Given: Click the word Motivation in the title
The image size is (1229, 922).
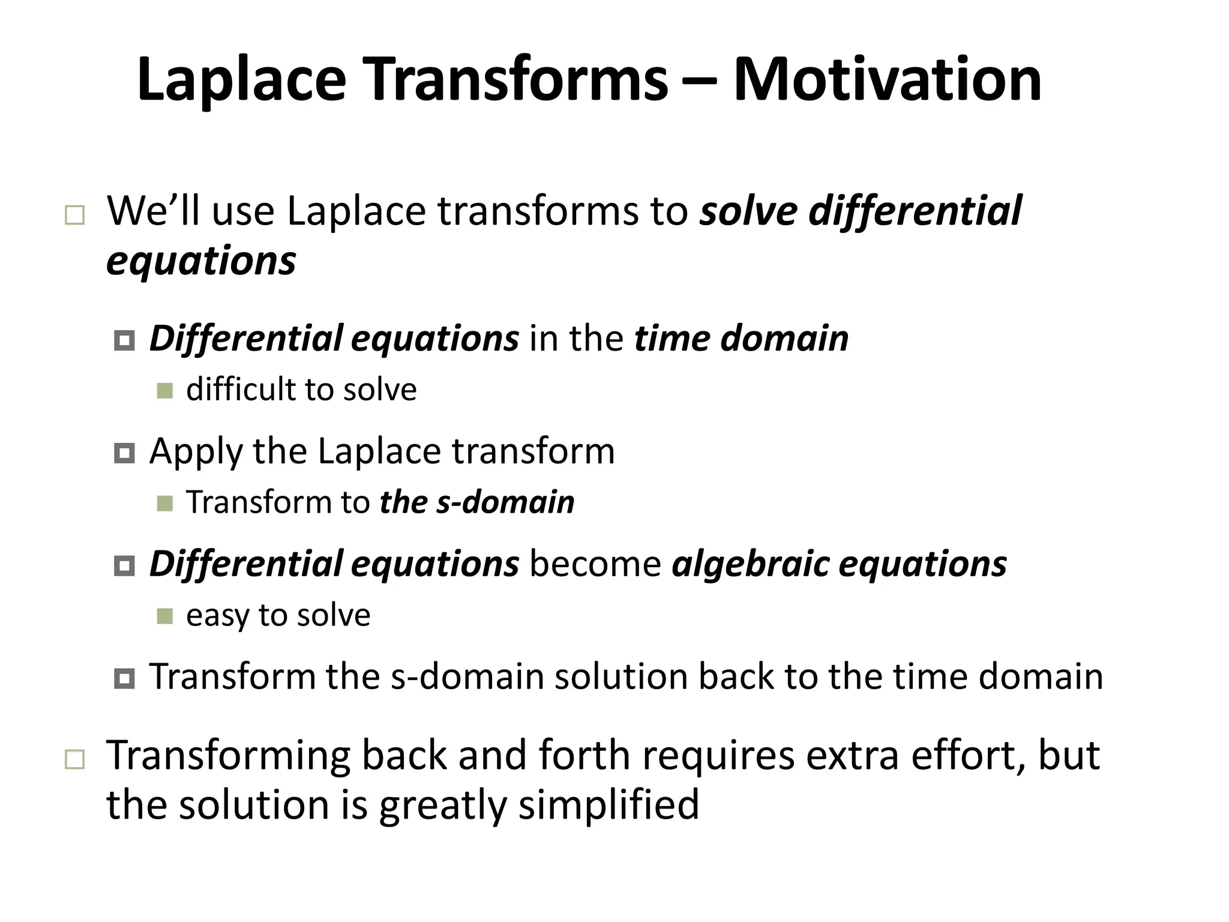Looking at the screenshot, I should [888, 79].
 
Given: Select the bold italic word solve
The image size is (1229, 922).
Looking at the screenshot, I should [749, 211].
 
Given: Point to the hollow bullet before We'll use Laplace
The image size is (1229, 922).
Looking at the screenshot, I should [74, 215].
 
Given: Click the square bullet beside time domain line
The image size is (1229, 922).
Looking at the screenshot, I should [124, 340].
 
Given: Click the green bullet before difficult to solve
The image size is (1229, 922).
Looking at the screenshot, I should [164, 391].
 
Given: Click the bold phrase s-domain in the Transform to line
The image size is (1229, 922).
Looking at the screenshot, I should [505, 502].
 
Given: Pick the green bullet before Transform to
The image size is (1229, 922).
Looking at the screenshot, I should [164, 503].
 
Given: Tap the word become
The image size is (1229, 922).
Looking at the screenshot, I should [595, 564].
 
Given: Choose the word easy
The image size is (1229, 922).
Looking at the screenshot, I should [218, 616].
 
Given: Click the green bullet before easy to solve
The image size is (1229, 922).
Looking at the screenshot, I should [164, 616].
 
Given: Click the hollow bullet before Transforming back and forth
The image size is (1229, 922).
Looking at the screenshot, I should [74, 760].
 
